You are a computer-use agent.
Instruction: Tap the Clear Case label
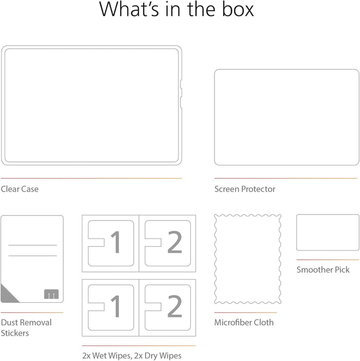[x=20, y=189]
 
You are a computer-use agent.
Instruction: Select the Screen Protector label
[x=245, y=189]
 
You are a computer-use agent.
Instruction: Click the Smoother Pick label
[x=323, y=269]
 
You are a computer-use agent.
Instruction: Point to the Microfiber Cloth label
[x=244, y=322]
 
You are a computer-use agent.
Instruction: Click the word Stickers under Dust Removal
[x=15, y=333]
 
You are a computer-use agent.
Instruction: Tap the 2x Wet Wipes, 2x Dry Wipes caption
[x=132, y=355]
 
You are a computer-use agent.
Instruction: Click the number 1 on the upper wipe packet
[x=116, y=242]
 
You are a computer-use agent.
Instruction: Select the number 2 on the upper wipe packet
[x=175, y=242]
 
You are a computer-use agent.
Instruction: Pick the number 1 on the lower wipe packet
[x=116, y=306]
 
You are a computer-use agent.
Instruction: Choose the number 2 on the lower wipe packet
[x=175, y=306]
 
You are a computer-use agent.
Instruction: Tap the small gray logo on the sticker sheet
[x=51, y=294]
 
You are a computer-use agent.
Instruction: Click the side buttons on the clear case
[x=181, y=94]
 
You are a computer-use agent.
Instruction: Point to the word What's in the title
[x=129, y=9]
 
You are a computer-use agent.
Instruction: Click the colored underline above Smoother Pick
[x=328, y=260]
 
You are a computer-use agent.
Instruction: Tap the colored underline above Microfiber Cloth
[x=246, y=313]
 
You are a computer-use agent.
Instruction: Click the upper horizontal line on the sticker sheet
[x=32, y=245]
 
